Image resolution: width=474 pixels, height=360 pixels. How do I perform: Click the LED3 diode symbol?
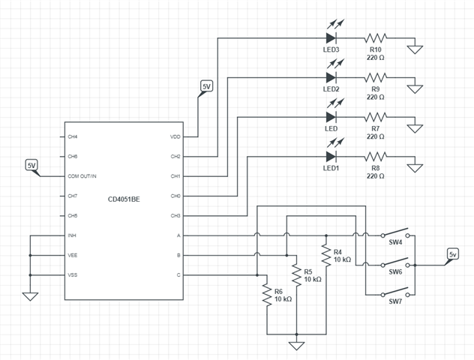331,37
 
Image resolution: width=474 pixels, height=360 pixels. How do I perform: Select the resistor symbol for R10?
375,37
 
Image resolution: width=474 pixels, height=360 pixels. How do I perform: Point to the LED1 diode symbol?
331,157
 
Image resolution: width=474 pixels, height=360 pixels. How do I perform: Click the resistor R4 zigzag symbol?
326,255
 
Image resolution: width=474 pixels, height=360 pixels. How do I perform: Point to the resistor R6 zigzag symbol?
268,294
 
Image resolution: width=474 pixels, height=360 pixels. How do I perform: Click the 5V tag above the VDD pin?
207,87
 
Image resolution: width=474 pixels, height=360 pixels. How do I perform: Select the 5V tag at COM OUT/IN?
31,164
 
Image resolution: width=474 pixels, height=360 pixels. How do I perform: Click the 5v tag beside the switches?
452,254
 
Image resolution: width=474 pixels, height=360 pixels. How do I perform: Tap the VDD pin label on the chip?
175,137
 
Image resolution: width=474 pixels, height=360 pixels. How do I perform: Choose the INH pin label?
72,235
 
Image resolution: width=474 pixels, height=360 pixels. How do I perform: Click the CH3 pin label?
175,216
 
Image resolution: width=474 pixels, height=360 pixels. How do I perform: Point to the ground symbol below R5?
297,345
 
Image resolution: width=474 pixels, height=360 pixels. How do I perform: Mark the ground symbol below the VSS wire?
30,295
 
